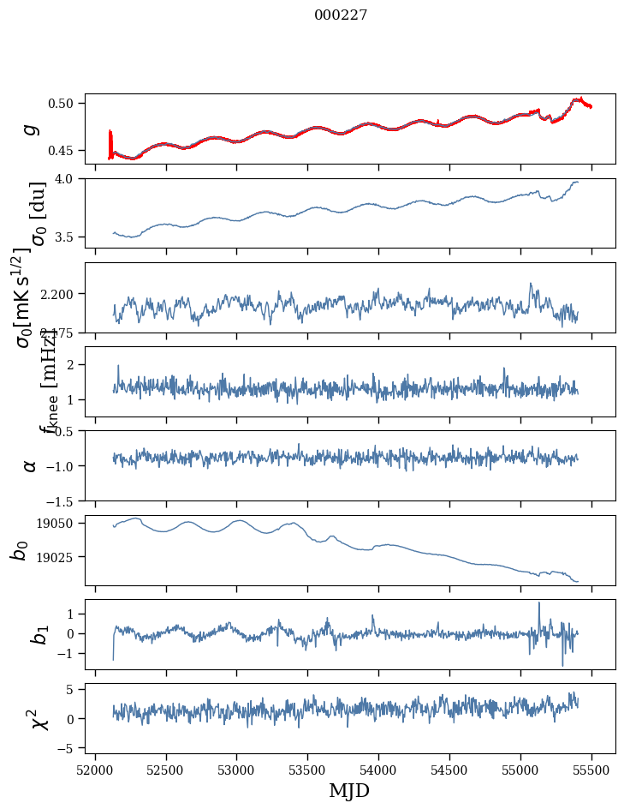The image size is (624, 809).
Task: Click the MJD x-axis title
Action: click(x=349, y=790)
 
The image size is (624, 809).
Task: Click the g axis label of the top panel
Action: click(x=31, y=129)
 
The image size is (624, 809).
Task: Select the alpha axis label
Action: click(x=31, y=465)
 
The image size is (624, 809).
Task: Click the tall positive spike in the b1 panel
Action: click(x=539, y=603)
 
